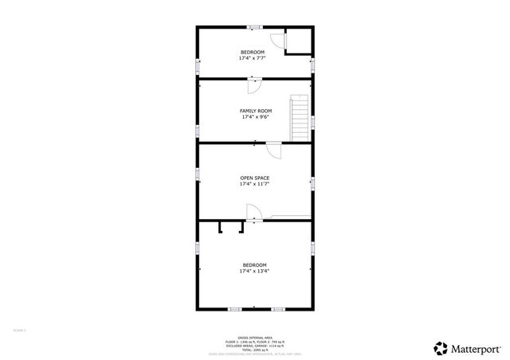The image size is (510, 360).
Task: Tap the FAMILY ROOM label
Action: pyautogui.click(x=256, y=111)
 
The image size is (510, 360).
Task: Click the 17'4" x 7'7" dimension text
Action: pyautogui.click(x=253, y=58)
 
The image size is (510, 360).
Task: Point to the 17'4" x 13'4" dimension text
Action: pyautogui.click(x=255, y=271)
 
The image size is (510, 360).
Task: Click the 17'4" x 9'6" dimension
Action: pyautogui.click(x=256, y=117)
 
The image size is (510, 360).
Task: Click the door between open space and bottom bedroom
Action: pyautogui.click(x=252, y=213)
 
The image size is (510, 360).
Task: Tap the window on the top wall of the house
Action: pyautogui.click(x=254, y=28)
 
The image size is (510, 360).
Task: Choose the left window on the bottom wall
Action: pyautogui.click(x=234, y=309)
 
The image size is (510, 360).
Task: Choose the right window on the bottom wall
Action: pyautogui.click(x=277, y=309)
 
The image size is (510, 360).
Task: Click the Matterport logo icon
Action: pyautogui.click(x=440, y=347)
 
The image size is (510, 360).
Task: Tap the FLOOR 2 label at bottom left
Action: pyautogui.click(x=19, y=329)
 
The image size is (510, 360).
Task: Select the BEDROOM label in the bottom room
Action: pyautogui.click(x=255, y=264)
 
